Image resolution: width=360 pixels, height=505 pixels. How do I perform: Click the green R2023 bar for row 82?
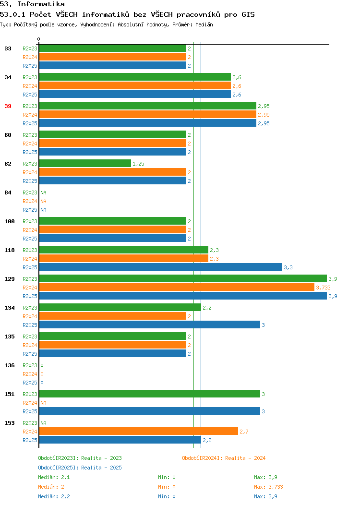click(85, 163)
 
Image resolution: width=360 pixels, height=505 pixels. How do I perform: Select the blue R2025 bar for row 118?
click(161, 267)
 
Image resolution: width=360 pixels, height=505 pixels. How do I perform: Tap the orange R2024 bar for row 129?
click(177, 287)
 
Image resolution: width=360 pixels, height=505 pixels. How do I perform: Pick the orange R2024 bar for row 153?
click(138, 431)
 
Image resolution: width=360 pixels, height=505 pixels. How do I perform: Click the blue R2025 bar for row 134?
click(150, 325)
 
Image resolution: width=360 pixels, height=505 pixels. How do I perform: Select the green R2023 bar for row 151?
click(150, 394)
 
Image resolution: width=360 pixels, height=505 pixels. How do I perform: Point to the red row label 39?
click(8, 106)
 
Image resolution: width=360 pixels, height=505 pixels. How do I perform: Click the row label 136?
click(9, 365)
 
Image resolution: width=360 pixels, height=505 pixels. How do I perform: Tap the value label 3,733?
click(323, 288)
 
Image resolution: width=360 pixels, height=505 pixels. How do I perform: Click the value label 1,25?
click(138, 164)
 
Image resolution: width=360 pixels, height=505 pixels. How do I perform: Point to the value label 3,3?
click(288, 267)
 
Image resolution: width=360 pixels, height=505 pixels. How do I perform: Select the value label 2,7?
click(244, 432)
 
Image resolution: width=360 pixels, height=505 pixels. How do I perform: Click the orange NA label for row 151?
click(44, 403)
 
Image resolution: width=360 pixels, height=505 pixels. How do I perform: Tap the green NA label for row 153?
click(44, 423)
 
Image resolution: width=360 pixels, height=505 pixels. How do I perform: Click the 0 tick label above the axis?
click(39, 39)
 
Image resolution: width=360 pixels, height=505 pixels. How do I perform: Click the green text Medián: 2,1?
click(54, 477)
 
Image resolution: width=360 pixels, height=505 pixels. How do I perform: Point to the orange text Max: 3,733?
click(268, 487)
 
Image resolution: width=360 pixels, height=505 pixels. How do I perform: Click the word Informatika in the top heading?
click(41, 4)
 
